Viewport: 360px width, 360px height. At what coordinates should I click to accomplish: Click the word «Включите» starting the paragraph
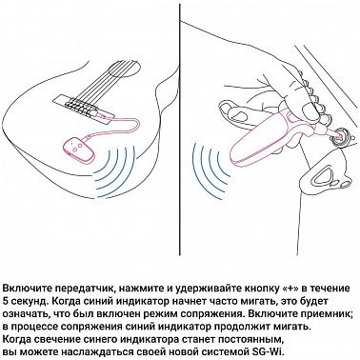pos(28,287)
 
